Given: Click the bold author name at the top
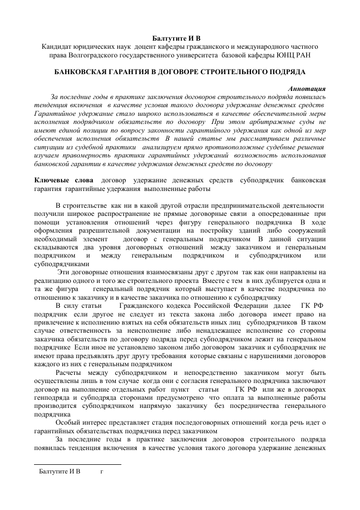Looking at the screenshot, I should tap(180, 39).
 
